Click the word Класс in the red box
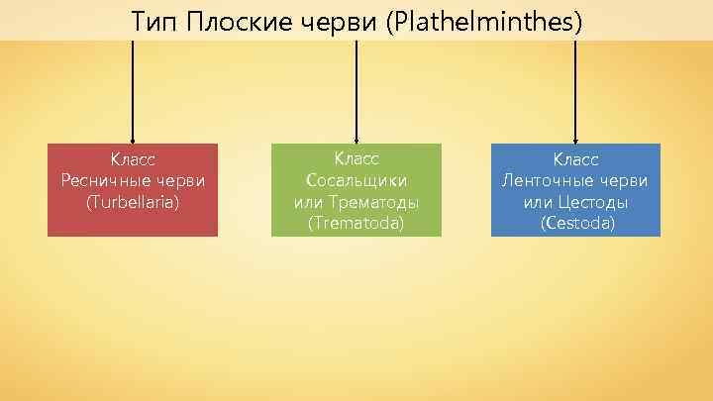click(133, 159)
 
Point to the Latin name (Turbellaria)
click(133, 202)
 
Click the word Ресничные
click(103, 180)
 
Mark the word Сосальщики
click(356, 180)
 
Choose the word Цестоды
click(591, 202)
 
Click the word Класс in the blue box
click(575, 159)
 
